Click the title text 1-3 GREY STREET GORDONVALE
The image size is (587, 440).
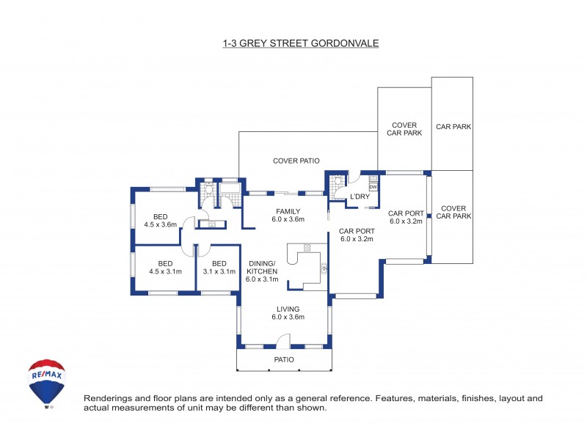coord(300,44)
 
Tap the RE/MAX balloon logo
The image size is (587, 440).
coord(46,382)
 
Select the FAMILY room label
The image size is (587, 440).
coord(288,211)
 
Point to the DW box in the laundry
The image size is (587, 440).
coord(373,187)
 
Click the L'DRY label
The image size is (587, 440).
coord(360,197)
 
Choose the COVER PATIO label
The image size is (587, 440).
coord(296,161)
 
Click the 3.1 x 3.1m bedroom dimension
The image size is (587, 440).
coord(219,272)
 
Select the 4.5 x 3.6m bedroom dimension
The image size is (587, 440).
coord(161,224)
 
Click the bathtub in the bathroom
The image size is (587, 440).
coord(230,190)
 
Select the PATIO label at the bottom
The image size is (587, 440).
coord(284,359)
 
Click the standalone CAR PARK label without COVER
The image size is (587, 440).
coord(453,127)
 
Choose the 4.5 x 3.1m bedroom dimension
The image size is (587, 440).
coord(165,272)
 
